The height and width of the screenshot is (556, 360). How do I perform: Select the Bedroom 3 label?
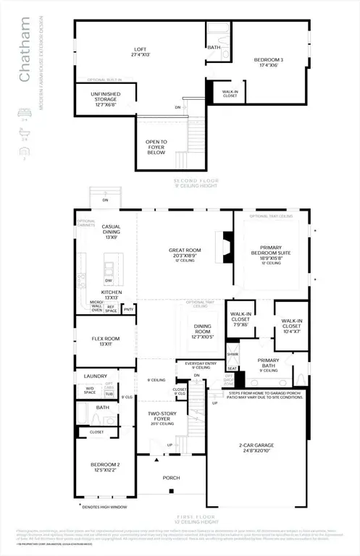click(269, 60)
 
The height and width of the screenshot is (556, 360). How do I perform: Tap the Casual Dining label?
click(112, 229)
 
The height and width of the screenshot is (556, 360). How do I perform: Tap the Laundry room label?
click(96, 376)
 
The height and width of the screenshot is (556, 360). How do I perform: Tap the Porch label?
click(171, 478)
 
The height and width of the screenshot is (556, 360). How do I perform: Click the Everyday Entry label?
click(192, 364)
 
